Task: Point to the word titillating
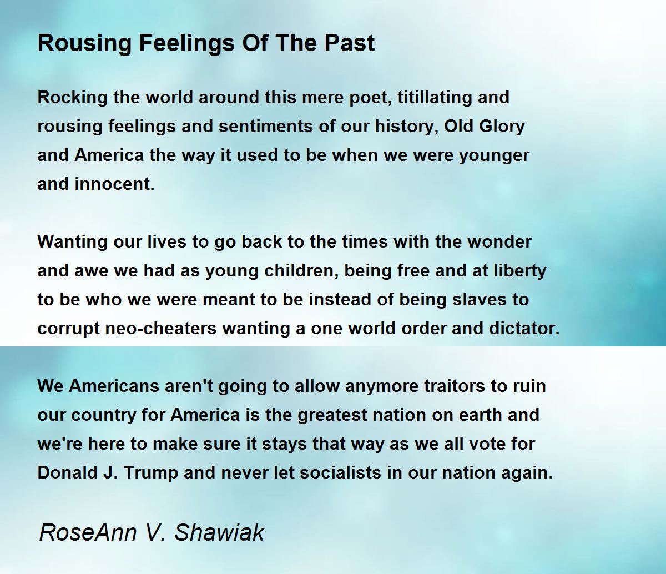pos(432,98)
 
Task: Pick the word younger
pos(494,155)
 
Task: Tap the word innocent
pos(114,184)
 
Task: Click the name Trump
pos(152,473)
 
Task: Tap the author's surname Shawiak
pos(219,532)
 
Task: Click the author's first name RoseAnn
pos(88,532)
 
